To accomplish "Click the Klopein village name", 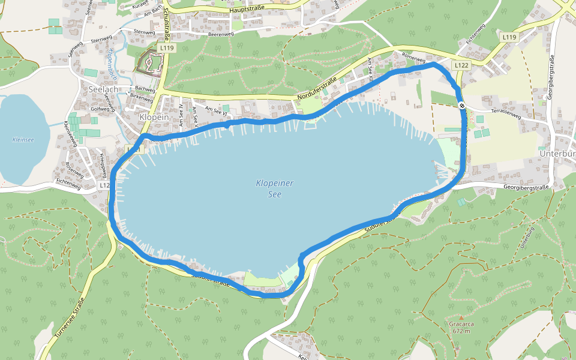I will click(153, 117).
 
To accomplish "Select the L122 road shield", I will click(461, 65).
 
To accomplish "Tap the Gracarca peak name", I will click(461, 324).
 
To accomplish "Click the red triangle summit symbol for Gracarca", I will click(461, 317).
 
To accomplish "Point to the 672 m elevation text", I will click(461, 331).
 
